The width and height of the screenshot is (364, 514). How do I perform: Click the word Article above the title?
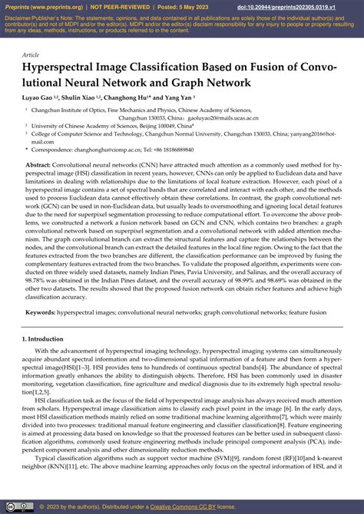[x=31, y=55]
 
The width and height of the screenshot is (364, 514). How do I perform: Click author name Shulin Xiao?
[x=80, y=98]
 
